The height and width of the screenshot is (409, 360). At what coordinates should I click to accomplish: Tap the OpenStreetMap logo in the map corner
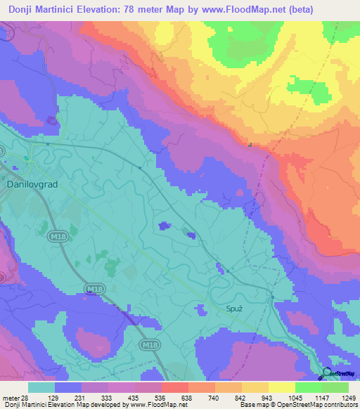click(x=339, y=373)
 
